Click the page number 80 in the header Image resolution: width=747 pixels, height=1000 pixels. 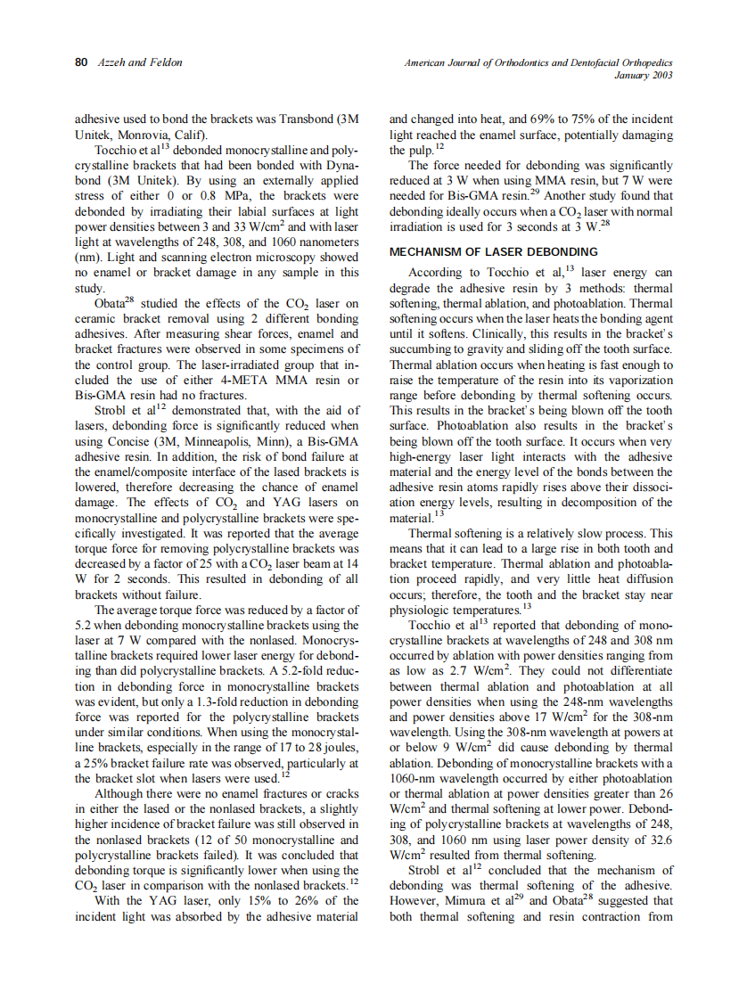(80, 62)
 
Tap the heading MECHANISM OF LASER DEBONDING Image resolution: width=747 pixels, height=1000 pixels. (494, 252)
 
